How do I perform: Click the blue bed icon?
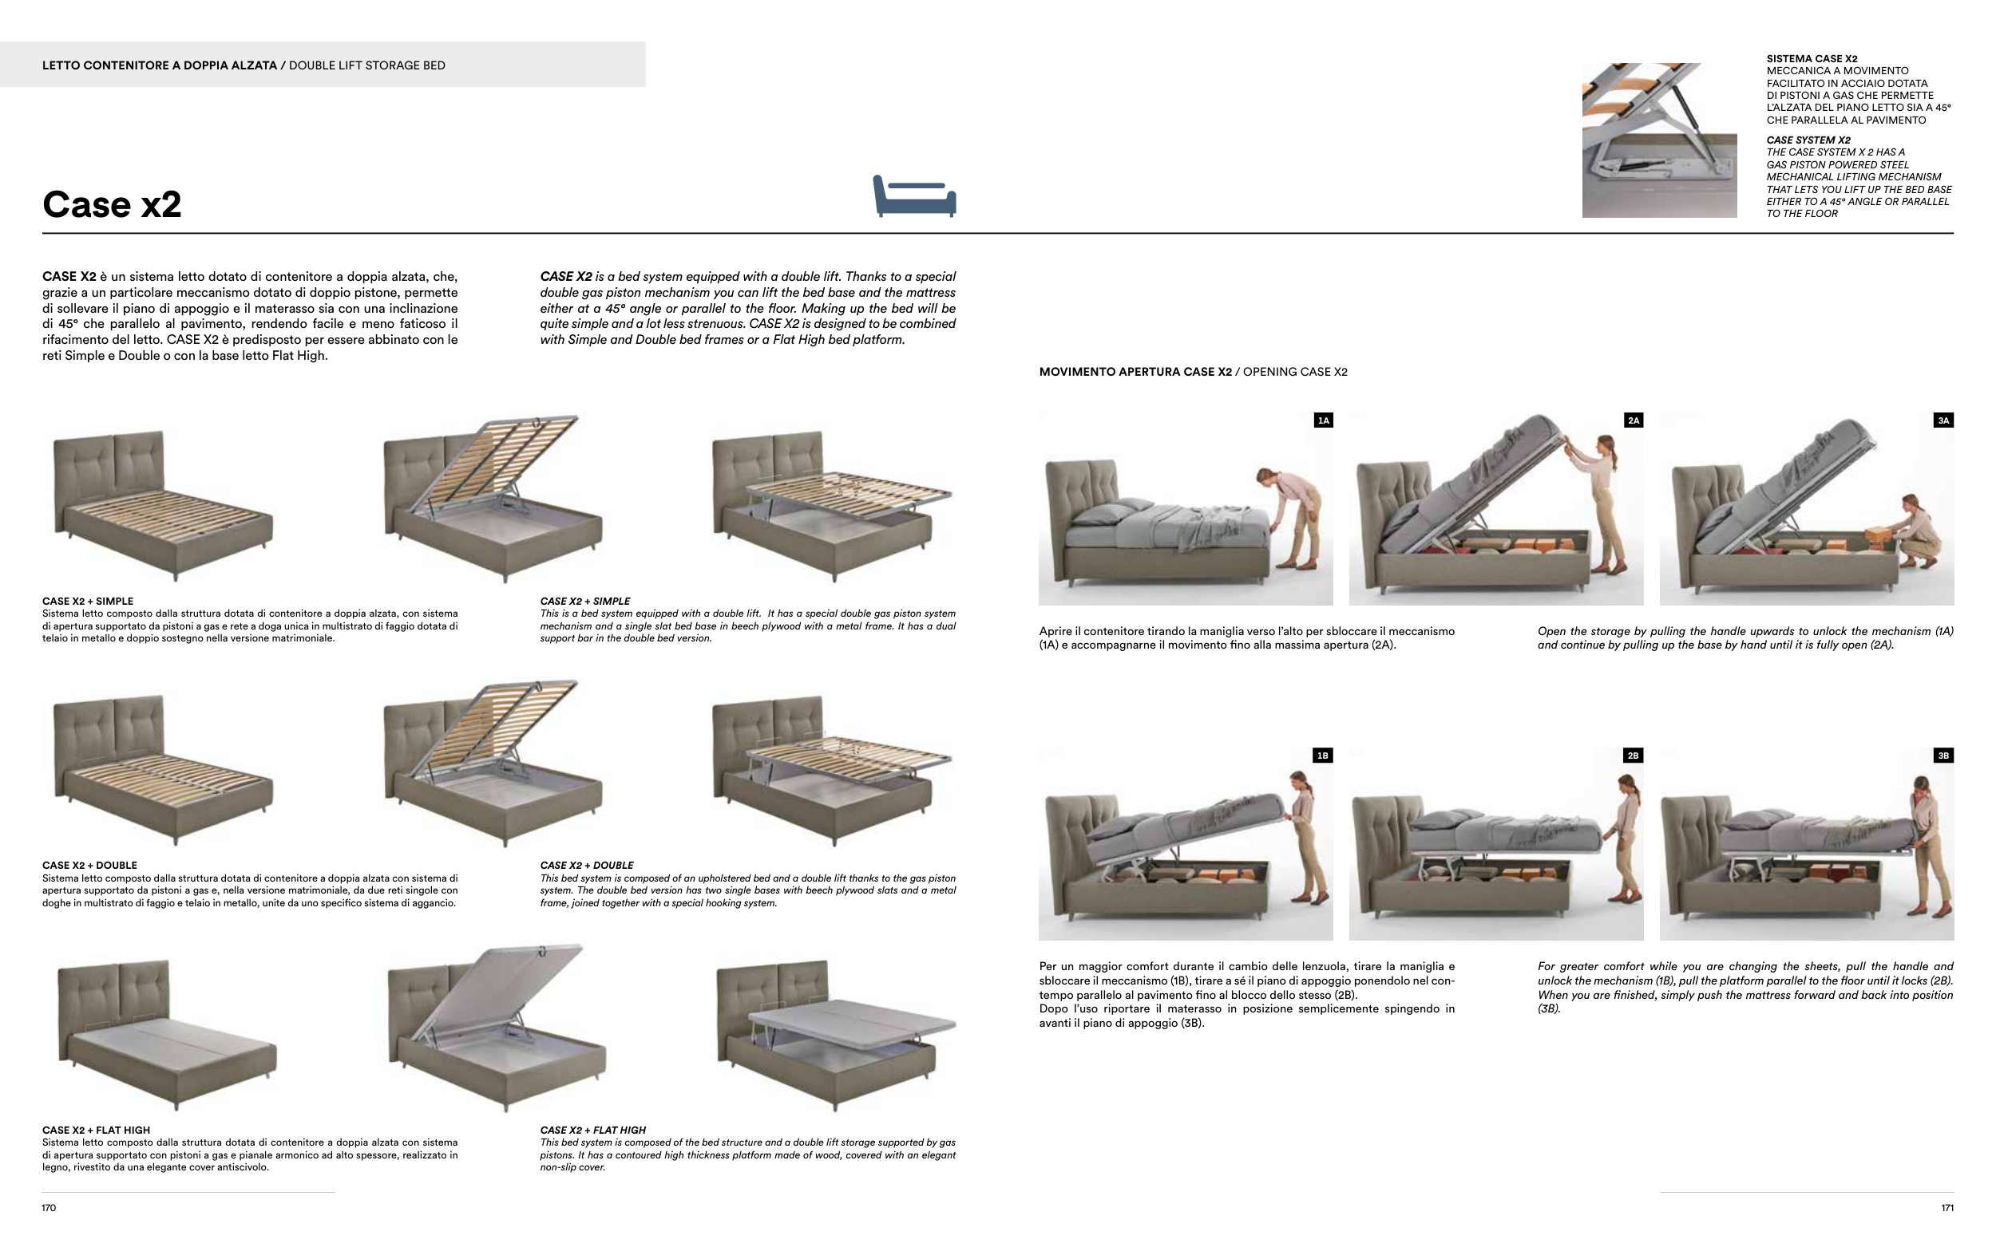point(914,196)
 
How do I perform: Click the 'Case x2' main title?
point(112,204)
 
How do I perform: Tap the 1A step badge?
point(1324,420)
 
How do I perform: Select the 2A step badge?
point(1634,420)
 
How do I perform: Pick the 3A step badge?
point(1944,420)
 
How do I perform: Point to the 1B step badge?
point(1323,756)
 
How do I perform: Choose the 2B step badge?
point(1633,756)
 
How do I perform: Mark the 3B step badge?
point(1943,756)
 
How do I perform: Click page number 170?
point(49,1208)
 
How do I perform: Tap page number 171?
point(1947,1208)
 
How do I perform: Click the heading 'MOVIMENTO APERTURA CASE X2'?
point(1135,372)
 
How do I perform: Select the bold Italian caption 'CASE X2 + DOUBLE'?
point(89,866)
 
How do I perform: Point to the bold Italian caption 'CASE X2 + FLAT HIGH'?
point(96,1131)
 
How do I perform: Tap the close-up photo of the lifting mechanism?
point(1659,140)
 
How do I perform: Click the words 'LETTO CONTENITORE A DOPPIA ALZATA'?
point(159,65)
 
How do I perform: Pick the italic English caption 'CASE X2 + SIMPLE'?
point(585,602)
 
